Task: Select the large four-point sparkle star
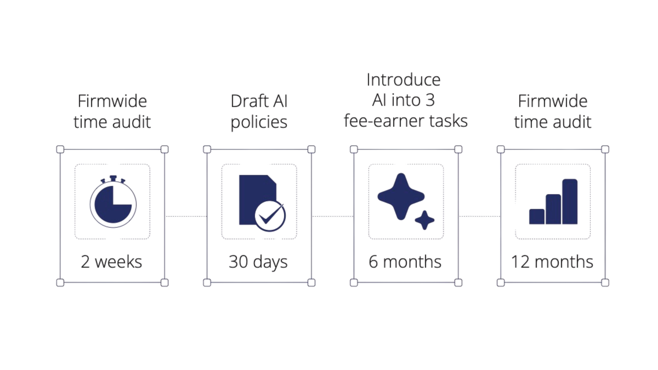coord(401,197)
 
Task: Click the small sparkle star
coord(425,220)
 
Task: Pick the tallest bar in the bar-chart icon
coord(570,202)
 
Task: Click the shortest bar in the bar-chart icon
coord(537,216)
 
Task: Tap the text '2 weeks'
coord(111,262)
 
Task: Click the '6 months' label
coord(405,262)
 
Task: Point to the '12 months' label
coord(552,262)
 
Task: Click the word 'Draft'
coord(249,101)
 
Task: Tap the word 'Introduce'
coord(404,80)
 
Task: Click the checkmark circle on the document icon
coord(270,216)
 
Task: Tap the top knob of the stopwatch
coord(113,178)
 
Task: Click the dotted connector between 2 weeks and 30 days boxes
coord(186,216)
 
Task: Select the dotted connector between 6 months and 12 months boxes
coord(480,216)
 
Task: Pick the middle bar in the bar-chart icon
coord(553,209)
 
